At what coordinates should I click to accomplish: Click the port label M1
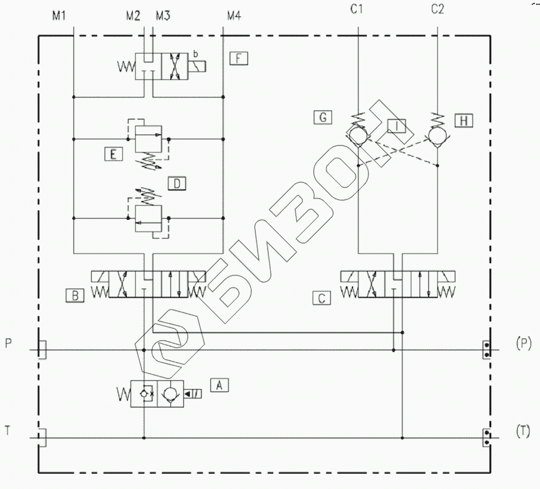tap(59, 16)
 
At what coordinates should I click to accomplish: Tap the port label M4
tap(234, 16)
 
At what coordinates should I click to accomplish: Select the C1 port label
tap(357, 9)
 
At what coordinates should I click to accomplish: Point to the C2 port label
tap(437, 9)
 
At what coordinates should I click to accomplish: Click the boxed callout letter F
tap(239, 58)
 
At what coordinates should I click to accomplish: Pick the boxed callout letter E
tap(113, 154)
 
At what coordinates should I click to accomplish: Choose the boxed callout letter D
tap(177, 183)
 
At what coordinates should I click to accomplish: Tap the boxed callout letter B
tap(75, 296)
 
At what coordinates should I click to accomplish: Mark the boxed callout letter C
tap(321, 298)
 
